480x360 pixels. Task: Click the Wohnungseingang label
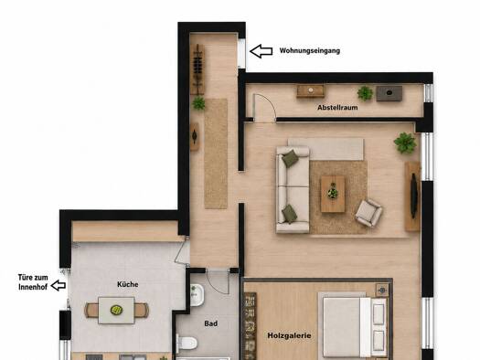tap(310, 51)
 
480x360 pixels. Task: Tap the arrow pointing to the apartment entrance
tap(261, 51)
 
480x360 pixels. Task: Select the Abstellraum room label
tap(337, 108)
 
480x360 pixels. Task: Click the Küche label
tap(128, 284)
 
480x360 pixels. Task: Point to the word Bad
tap(211, 323)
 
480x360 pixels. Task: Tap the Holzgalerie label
tap(289, 335)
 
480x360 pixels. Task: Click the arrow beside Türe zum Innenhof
tap(59, 285)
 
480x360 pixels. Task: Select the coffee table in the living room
tap(333, 195)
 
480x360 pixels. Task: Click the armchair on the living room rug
tap(368, 213)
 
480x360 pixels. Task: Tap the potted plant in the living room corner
tap(405, 143)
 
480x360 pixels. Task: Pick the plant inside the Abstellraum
tap(365, 93)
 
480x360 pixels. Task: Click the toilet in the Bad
tap(187, 343)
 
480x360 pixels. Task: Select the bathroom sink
tap(197, 294)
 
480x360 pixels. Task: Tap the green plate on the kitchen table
tap(116, 310)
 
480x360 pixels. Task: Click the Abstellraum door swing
tap(264, 108)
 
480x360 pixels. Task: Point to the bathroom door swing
tap(218, 282)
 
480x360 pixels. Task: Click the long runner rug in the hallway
tap(216, 154)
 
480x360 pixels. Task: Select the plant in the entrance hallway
tap(198, 103)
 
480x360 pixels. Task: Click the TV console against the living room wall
tap(412, 196)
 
